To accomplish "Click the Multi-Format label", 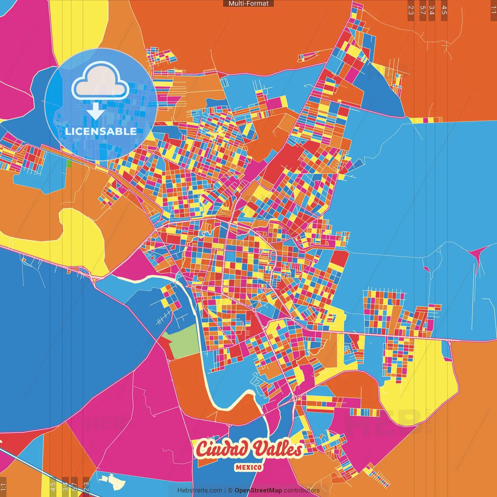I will point(248,3).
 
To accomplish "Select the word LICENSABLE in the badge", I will point(101,131).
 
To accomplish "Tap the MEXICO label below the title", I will point(248,467).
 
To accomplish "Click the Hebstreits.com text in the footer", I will point(200,490).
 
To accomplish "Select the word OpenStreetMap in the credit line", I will point(258,490).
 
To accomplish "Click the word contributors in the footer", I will point(302,490).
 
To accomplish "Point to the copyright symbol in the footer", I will point(230,490).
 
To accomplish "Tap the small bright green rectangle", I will point(69,163).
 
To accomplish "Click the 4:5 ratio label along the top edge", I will point(444,10).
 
